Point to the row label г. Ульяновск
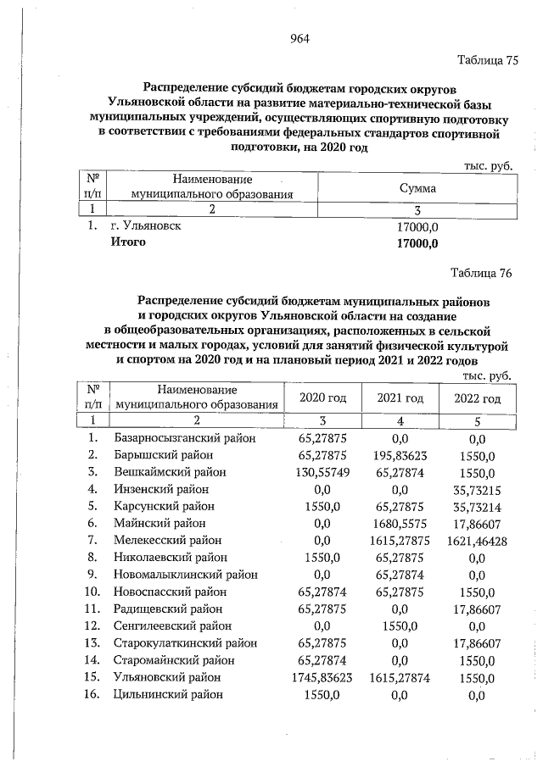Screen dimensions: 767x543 pos(146,227)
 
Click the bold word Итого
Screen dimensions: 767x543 pos(129,243)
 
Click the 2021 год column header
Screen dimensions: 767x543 pos(400,398)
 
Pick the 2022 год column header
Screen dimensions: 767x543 pos(477,398)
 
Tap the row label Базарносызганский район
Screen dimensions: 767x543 pos(184,438)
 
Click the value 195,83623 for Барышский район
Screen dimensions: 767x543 pos(400,455)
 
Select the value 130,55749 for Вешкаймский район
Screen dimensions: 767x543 pos(321,472)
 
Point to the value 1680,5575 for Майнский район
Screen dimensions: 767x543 pos(400,524)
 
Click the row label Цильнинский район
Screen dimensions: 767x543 pos(168,694)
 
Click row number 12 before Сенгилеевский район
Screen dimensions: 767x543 pos(93,626)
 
